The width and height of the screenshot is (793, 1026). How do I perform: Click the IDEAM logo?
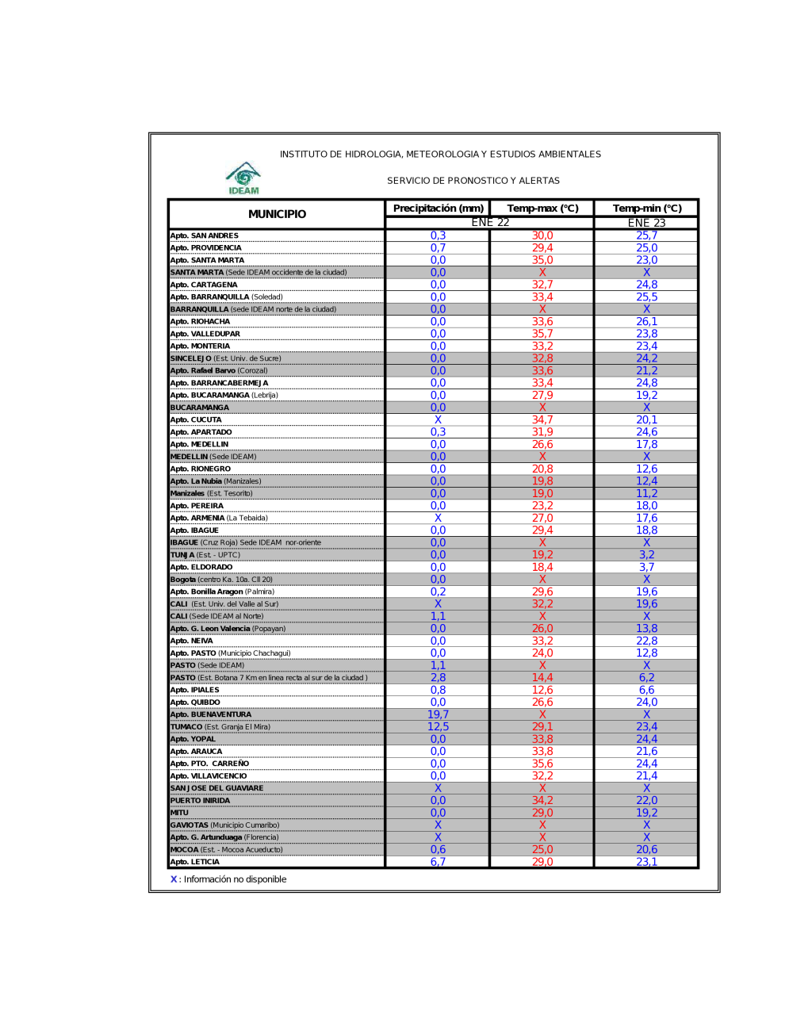coord(243,178)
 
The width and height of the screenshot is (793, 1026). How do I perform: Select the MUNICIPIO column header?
coord(277,214)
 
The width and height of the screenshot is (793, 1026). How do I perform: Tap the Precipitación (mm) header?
coord(438,209)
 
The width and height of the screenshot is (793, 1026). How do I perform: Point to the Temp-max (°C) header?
coord(542,209)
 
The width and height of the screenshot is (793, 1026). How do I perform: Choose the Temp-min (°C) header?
coord(647,209)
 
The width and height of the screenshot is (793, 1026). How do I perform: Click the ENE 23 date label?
coord(647,223)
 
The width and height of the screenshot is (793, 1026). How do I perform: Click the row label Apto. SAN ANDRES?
coord(205,235)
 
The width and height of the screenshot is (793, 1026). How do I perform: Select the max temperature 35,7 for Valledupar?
coord(542,334)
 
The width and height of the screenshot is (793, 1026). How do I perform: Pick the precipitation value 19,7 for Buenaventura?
coord(438,714)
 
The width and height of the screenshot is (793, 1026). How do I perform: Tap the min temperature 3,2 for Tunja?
coord(647,555)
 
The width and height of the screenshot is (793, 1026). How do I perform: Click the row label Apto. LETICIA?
coord(195,862)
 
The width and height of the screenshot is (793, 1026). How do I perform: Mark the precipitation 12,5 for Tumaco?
coord(438,726)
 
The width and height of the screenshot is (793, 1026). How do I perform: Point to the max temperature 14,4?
coord(542,678)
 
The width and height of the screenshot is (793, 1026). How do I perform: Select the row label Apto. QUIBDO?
coord(195,703)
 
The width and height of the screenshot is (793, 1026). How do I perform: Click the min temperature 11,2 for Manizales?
coord(647,493)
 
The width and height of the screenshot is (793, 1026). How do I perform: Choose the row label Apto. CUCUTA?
coord(196,420)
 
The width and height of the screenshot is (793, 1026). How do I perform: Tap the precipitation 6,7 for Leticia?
coord(438,862)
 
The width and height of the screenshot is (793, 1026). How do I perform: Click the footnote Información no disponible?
coord(235,879)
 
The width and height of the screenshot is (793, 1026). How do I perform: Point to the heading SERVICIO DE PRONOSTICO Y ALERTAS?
coord(473,181)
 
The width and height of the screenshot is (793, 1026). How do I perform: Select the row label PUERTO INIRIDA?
coord(200,801)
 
